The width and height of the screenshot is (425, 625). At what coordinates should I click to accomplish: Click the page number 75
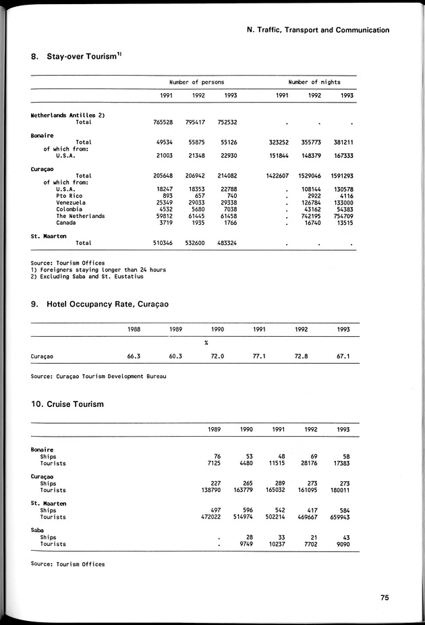click(383, 597)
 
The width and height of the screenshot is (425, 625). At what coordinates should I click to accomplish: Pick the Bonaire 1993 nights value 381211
click(341, 142)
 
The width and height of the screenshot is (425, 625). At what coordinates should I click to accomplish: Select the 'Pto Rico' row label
click(70, 196)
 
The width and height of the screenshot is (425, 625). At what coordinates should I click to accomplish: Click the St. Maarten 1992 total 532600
click(194, 242)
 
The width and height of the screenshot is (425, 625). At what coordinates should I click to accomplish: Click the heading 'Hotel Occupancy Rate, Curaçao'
click(108, 304)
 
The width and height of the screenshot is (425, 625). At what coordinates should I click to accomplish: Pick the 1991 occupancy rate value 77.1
click(260, 356)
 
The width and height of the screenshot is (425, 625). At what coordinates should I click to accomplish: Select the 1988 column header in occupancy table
click(135, 329)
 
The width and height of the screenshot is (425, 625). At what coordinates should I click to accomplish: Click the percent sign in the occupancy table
click(206, 342)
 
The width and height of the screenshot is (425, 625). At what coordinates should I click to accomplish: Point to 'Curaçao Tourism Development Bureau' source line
click(98, 375)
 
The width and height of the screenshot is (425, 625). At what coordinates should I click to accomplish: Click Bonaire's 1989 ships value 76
click(218, 456)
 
